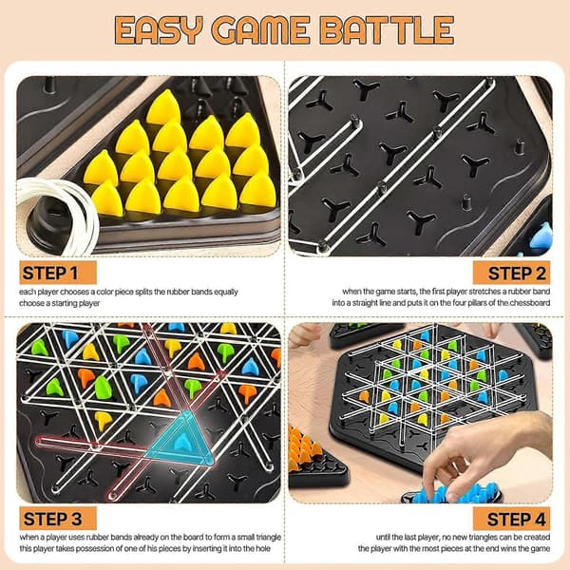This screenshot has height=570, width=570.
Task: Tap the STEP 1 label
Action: coord(58,273)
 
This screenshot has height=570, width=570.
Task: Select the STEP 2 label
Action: coord(511,273)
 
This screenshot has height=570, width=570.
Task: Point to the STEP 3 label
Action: coord(58,519)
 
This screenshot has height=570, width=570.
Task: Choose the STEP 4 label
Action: coord(511,519)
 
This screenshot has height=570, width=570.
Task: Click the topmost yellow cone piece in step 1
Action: coord(164,106)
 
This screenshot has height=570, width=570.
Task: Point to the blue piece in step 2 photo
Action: coord(541,236)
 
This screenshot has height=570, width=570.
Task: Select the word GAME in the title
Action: coord(260,30)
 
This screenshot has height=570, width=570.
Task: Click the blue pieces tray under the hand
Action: coord(450,494)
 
